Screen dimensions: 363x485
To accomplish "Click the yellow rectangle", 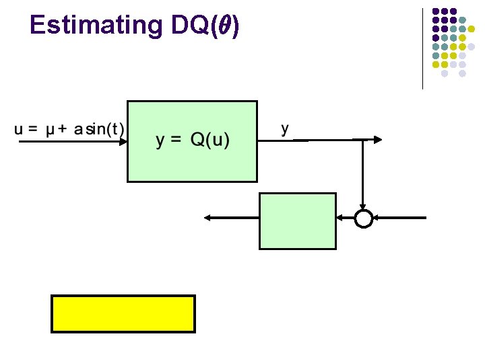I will click(123, 313).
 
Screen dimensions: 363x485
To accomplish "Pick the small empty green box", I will click(297, 221).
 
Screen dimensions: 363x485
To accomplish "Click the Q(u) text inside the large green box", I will click(209, 140).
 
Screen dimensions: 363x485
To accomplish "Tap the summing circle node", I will click(364, 218).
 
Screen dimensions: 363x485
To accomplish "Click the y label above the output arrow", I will click(286, 128).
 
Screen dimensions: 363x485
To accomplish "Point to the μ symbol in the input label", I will click(51, 129).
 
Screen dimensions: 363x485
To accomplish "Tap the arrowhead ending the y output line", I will click(378, 140).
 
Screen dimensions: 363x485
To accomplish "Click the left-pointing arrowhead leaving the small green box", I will click(208, 218).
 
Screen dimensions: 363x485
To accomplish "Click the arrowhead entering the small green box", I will click(340, 218).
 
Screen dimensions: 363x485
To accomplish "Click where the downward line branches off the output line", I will click(364, 140).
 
